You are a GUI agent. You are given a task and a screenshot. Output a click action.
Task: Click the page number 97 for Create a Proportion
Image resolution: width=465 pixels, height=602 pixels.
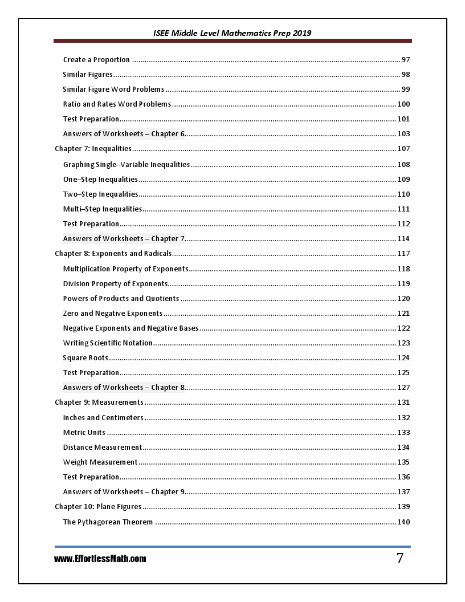406,60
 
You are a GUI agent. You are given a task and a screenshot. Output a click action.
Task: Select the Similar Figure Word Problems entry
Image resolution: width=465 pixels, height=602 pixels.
113,90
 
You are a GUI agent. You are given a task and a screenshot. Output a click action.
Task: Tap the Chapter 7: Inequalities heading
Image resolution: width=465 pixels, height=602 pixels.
93,149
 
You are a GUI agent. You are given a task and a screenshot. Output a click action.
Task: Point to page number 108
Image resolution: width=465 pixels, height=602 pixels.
403,165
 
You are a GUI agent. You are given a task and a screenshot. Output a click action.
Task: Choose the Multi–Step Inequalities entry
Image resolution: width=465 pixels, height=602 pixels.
103,209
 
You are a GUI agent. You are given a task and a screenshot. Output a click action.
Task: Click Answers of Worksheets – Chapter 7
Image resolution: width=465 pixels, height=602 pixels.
124,239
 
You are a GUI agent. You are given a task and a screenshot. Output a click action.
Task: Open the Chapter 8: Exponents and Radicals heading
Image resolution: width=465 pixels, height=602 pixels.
113,254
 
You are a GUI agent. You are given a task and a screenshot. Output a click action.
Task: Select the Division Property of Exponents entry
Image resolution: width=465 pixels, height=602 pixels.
115,284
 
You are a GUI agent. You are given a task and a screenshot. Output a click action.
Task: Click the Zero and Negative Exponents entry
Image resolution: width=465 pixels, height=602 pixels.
113,314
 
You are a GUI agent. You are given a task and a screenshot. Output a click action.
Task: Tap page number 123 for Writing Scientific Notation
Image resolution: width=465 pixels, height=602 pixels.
403,343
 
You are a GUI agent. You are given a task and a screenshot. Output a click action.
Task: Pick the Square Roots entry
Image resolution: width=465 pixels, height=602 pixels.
85,358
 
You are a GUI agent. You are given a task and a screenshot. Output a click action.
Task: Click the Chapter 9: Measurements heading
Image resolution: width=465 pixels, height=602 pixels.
99,402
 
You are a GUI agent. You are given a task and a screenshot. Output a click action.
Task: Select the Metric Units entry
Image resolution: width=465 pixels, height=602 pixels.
84,433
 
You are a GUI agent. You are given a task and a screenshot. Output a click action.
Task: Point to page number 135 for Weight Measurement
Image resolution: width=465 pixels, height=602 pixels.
403,462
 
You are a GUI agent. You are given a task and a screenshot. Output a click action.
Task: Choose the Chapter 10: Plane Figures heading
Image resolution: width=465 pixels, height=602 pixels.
98,507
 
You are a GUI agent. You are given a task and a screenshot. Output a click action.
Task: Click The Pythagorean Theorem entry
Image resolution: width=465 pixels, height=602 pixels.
108,522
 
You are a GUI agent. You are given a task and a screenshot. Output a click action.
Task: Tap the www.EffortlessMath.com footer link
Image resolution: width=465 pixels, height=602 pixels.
100,559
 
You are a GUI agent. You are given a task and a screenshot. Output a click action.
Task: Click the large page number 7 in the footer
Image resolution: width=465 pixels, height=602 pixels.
400,558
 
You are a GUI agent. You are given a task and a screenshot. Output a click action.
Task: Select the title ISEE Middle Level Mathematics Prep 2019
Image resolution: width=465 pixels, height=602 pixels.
232,33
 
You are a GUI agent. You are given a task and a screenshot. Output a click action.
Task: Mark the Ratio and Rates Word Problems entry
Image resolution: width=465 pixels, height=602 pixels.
117,104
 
